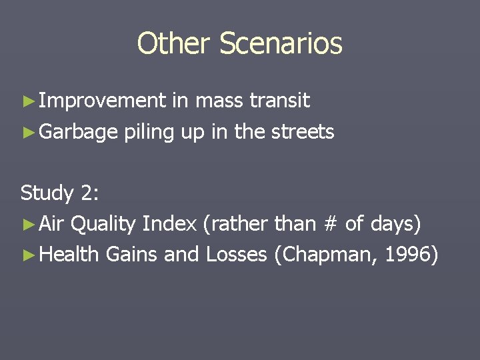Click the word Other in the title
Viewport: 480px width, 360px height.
(174, 44)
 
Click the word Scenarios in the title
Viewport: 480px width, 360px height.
(280, 44)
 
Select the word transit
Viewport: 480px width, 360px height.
(279, 101)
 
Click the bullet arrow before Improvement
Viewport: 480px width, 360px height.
(28, 101)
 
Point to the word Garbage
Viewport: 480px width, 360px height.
(79, 132)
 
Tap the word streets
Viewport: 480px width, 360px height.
(303, 131)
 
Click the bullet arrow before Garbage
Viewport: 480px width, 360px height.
(28, 132)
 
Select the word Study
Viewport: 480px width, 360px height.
(47, 193)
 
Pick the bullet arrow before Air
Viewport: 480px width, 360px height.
(28, 224)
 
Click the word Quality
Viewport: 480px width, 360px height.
(103, 224)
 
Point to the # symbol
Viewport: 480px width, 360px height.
(329, 224)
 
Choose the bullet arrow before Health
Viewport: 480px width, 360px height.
(28, 255)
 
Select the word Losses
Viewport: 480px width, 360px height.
(236, 254)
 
